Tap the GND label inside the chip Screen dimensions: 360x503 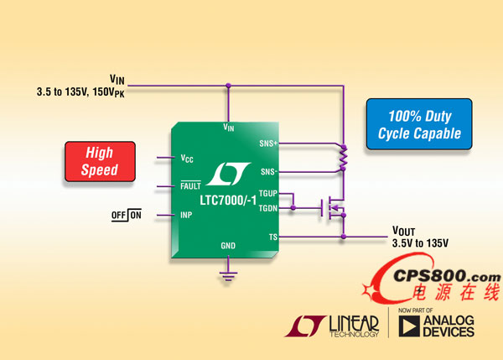tap(228, 245)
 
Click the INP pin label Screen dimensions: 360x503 tap(187, 215)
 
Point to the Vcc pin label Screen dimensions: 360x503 tap(187, 158)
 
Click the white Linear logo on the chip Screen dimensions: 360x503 tap(225, 173)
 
